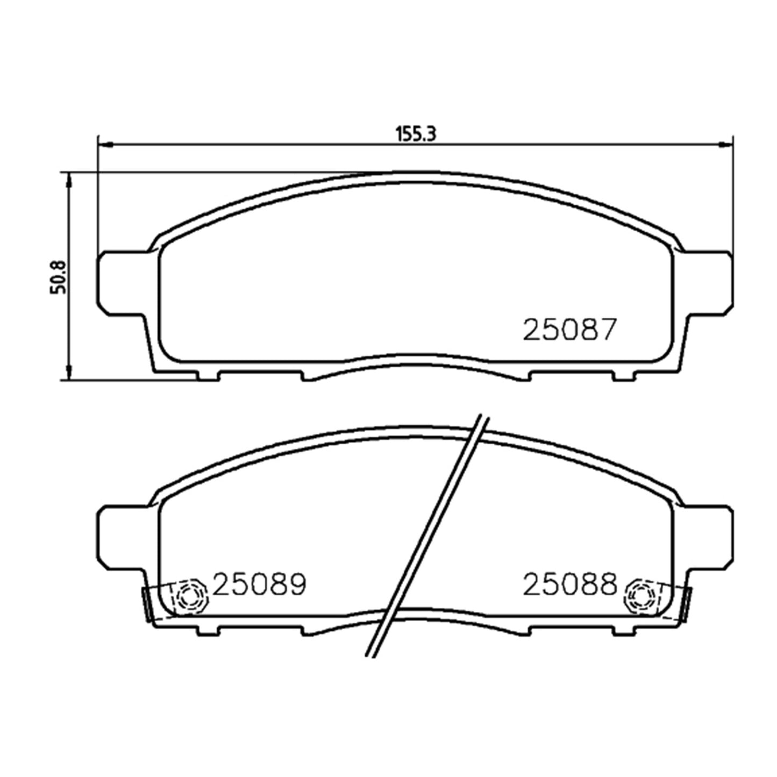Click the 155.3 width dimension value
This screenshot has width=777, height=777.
coord(416,134)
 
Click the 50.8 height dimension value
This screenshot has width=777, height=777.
coord(57,277)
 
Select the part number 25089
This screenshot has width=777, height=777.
coord(259,584)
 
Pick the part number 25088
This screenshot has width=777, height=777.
coord(570,584)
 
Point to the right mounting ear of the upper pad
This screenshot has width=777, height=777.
coord(707,282)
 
